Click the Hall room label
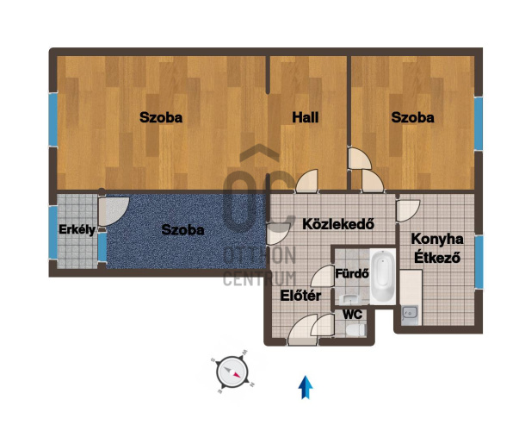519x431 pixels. pos(306,117)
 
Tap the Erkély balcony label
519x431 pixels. pos(77,230)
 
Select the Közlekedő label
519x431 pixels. pos(338,224)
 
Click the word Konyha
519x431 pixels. pos(437,239)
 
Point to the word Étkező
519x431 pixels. pos(437,257)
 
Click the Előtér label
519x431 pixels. pos(300,296)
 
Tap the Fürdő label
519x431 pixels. pos(352,273)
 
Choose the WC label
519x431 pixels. pos(352,315)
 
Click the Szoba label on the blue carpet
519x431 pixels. pos(182,230)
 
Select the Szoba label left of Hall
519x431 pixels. pos(161,117)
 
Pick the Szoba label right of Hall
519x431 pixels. pos(412,117)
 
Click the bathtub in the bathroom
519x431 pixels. pos(383,277)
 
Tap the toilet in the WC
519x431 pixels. pos(355,329)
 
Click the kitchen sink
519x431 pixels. pos(411,313)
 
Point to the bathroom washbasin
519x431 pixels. pos(349,299)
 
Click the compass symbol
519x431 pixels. pos(232,372)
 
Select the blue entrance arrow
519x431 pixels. pos(306,387)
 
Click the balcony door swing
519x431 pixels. pos(114,210)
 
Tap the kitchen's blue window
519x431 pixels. pos(479,261)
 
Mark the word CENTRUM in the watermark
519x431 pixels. pos(259,278)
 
